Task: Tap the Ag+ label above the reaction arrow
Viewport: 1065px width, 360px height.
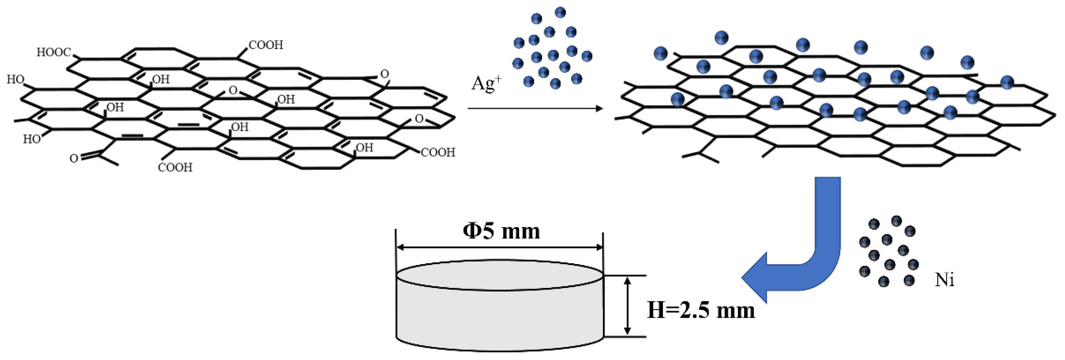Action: [486, 84]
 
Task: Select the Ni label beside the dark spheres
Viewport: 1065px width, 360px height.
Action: [945, 280]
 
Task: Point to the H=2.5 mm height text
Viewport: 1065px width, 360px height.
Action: [701, 310]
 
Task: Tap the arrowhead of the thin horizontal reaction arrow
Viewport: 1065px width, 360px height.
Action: [599, 109]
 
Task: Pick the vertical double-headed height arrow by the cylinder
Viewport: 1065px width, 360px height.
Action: [627, 306]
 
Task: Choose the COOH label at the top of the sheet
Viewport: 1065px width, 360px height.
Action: [266, 45]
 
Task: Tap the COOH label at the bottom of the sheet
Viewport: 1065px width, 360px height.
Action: [175, 167]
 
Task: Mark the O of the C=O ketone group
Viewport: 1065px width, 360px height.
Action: [74, 158]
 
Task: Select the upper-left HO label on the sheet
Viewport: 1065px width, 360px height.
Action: [15, 79]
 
